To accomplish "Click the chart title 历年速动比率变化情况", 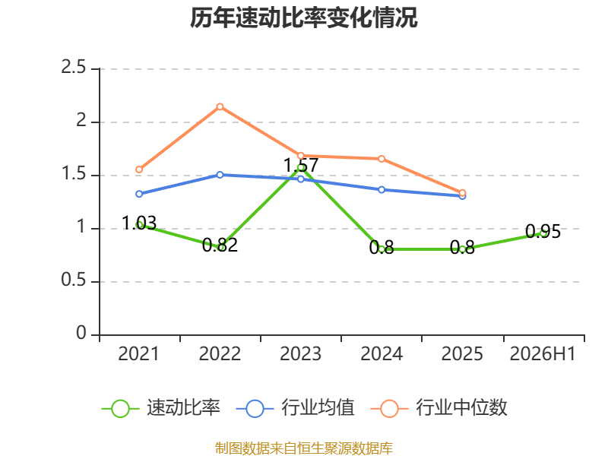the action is tap(303, 17).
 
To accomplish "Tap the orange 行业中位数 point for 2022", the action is tap(220, 106).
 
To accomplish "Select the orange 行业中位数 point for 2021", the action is tap(139, 169).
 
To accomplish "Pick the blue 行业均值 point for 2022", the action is tap(220, 175).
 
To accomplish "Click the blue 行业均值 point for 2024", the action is tap(382, 189).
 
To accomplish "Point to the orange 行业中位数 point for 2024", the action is tap(382, 159).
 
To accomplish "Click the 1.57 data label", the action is tap(301, 165).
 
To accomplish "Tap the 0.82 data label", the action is tap(220, 245).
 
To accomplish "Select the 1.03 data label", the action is tap(139, 223).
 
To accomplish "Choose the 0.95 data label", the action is tap(543, 232).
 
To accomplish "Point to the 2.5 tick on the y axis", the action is tap(73, 68).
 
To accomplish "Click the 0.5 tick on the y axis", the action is tap(73, 280).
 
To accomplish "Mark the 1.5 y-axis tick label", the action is tap(73, 174).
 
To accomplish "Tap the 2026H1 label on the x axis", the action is tap(543, 353).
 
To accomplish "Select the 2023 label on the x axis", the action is tap(300, 353).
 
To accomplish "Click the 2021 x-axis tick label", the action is tap(139, 353).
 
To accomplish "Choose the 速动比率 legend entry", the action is tap(161, 408).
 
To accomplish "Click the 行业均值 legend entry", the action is tap(295, 408).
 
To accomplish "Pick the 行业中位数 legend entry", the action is tap(439, 408).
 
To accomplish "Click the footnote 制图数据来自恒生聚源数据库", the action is tap(304, 448).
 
